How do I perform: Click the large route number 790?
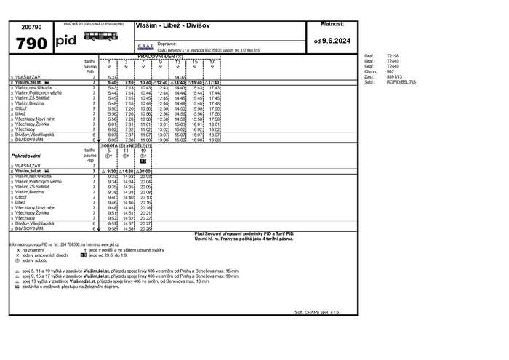[31, 42]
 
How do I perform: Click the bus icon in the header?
[98, 35]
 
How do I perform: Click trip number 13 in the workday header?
[177, 62]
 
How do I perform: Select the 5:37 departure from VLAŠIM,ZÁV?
[113, 77]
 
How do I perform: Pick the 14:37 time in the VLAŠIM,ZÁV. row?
[181, 77]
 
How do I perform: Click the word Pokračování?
[25, 156]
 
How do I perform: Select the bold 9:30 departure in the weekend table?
[112, 171]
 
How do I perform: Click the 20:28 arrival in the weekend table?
[145, 228]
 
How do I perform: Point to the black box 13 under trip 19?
[144, 160]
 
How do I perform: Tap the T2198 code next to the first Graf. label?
[393, 55]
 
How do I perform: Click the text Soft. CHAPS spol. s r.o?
[317, 312]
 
